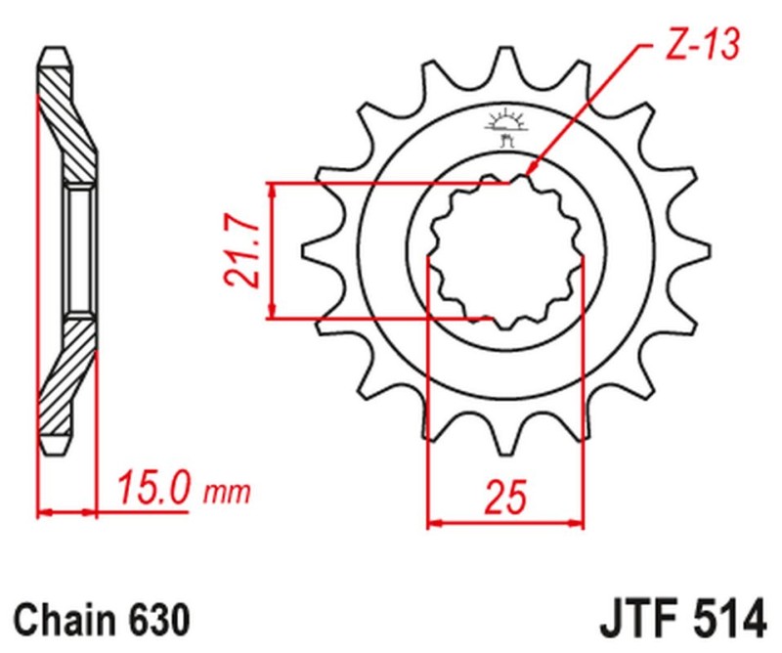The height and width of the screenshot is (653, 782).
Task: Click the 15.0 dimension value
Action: point(154,486)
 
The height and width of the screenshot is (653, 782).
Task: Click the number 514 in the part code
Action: point(721,619)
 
